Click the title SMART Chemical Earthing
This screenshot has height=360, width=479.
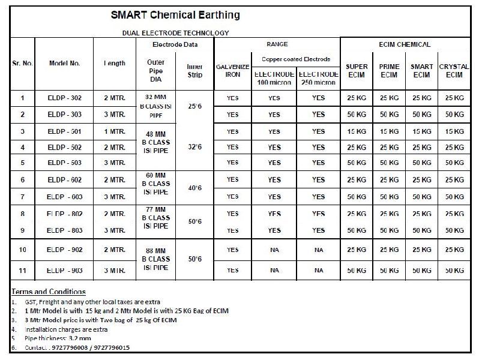point(176,14)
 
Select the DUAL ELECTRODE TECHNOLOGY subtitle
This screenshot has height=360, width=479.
point(175,33)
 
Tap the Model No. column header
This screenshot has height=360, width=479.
point(64,62)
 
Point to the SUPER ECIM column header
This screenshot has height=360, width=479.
point(357,71)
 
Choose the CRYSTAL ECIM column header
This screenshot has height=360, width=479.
point(454,71)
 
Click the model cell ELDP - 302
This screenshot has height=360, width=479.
point(64,97)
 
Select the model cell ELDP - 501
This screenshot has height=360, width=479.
point(64,131)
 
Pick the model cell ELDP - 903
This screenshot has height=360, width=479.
point(64,271)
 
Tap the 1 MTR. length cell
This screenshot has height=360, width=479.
point(114,131)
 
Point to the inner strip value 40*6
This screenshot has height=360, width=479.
point(194,188)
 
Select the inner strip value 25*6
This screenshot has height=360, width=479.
point(194,106)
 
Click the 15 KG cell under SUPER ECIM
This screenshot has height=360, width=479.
point(357,131)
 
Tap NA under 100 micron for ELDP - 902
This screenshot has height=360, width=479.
point(274,250)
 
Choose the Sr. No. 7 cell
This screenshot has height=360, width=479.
point(22,197)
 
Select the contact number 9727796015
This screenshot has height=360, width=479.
point(109,348)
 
